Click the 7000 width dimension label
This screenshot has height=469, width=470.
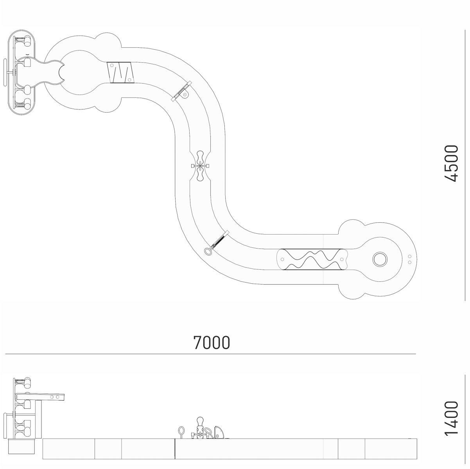click(x=212, y=342)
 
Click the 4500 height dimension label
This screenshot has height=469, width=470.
click(x=451, y=163)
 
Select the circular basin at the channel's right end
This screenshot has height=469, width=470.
click(x=380, y=259)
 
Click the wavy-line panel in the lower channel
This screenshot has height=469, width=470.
click(x=312, y=259)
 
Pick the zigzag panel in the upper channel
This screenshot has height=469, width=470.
click(x=121, y=72)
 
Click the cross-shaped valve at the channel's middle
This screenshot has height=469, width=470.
click(x=200, y=166)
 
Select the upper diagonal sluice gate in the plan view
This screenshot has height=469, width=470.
click(x=181, y=91)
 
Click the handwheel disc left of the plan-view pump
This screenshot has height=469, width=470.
click(x=5, y=72)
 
